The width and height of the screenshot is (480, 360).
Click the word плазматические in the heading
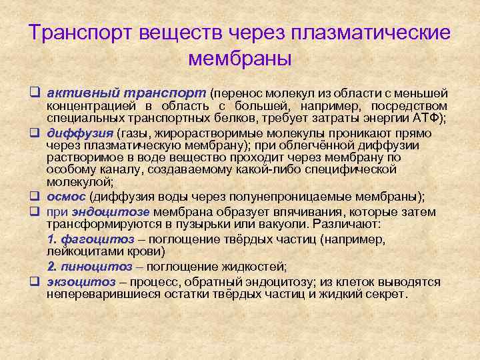[375, 33]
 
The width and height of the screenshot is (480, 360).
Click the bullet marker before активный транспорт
[34, 94]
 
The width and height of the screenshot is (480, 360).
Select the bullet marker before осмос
[34, 197]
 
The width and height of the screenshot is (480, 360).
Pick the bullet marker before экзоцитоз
[34, 281]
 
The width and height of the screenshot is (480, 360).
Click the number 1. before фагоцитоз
[53, 239]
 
